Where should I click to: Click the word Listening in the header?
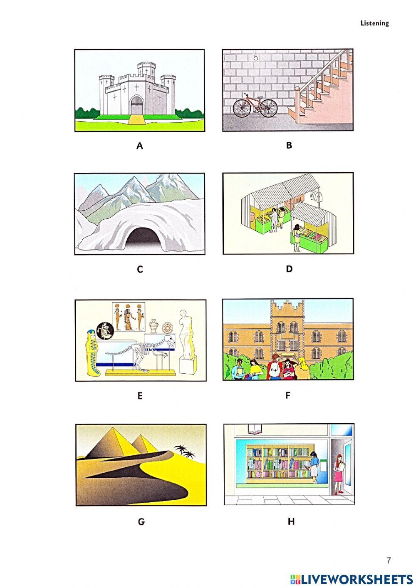[x=374, y=23]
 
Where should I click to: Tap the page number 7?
[x=389, y=560]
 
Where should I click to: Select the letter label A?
[x=140, y=146]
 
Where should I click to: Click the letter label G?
[x=141, y=521]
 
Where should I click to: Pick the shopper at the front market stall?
[x=297, y=237]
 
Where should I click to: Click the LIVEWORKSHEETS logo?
[x=351, y=579]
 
